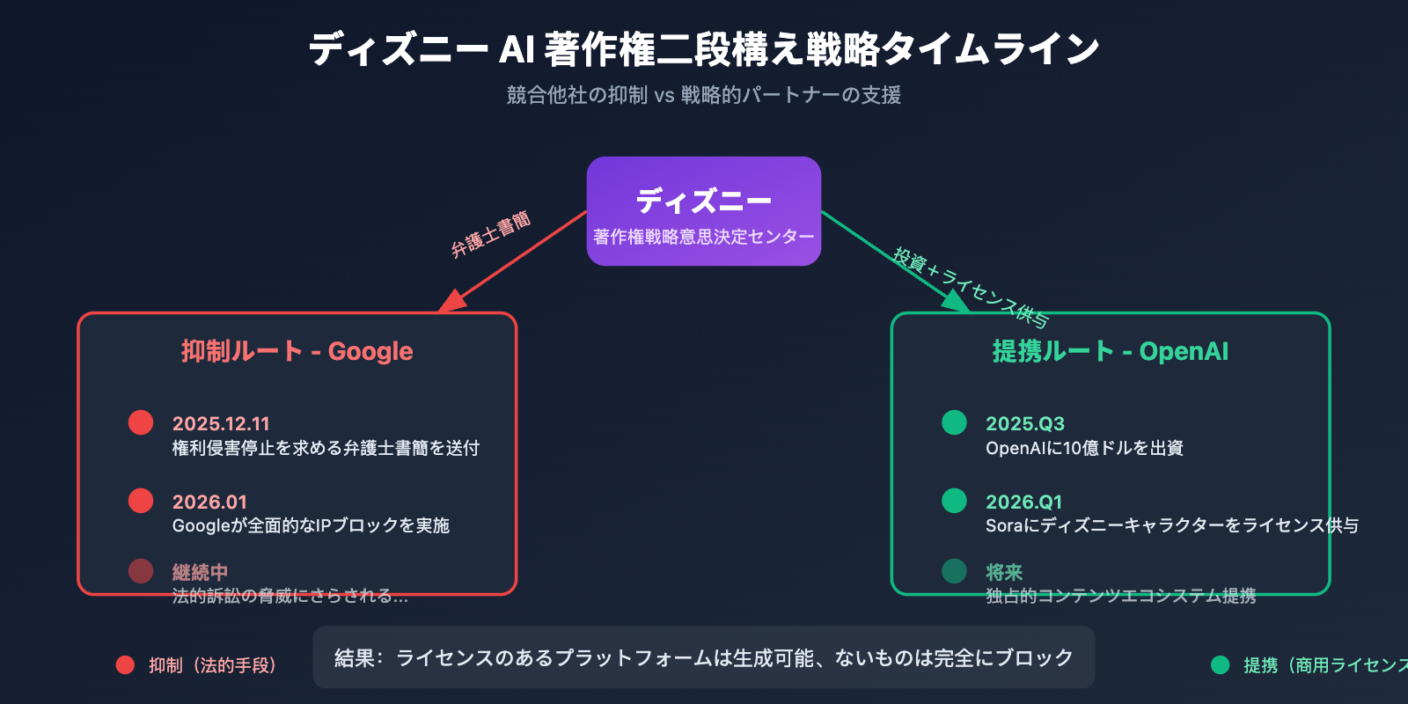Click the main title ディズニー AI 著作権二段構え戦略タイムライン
pyautogui.click(x=704, y=49)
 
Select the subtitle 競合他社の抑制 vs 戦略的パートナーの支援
pyautogui.click(x=704, y=95)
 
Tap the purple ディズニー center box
pyautogui.click(x=704, y=211)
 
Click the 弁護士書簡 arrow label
pyautogui.click(x=491, y=235)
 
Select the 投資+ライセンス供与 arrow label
pyautogui.click(x=970, y=287)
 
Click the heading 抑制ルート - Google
pyautogui.click(x=297, y=351)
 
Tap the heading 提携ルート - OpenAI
pyautogui.click(x=1110, y=351)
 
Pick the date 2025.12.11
pyautogui.click(x=221, y=423)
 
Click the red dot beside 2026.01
pyautogui.click(x=141, y=501)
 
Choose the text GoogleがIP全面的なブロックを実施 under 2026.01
pyautogui.click(x=311, y=525)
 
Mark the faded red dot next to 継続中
pyautogui.click(x=141, y=571)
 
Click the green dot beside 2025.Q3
pyautogui.click(x=954, y=422)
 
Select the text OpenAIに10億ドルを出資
pyautogui.click(x=1084, y=448)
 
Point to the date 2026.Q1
pyautogui.click(x=1023, y=502)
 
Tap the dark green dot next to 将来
pyautogui.click(x=954, y=571)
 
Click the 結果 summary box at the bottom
pyautogui.click(x=704, y=657)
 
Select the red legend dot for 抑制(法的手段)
pyautogui.click(x=125, y=665)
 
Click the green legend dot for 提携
pyautogui.click(x=1220, y=665)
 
